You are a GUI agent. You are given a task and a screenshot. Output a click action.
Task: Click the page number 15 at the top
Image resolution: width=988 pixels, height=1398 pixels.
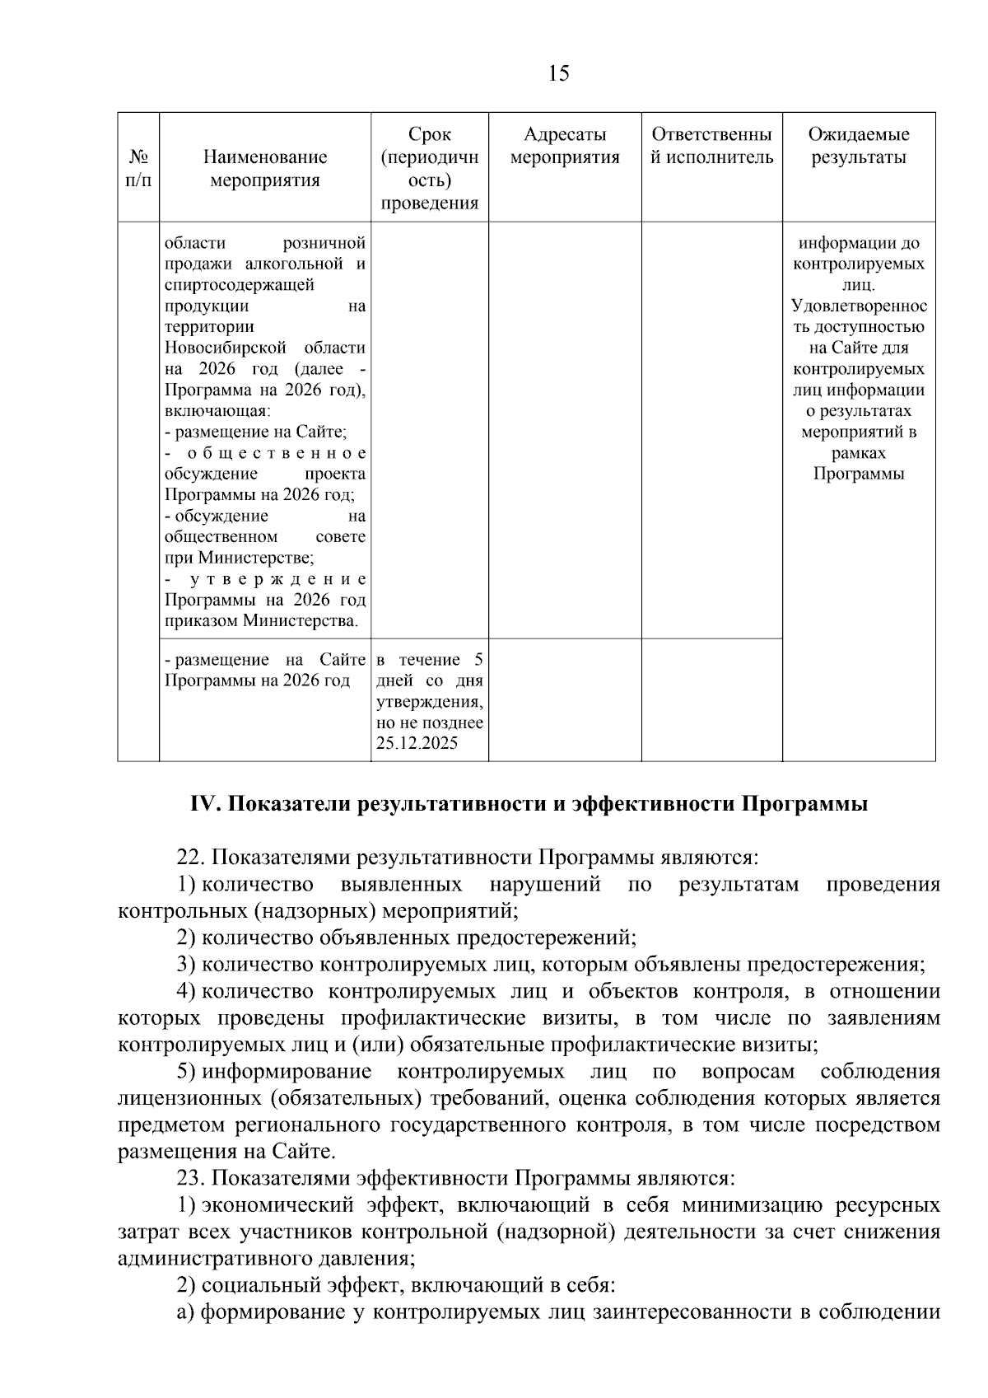pyautogui.click(x=557, y=74)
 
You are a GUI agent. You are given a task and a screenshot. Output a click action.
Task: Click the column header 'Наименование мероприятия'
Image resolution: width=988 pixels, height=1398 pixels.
pyautogui.click(x=264, y=168)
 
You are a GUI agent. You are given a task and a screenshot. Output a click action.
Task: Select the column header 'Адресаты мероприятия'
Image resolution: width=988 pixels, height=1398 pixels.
pyautogui.click(x=565, y=146)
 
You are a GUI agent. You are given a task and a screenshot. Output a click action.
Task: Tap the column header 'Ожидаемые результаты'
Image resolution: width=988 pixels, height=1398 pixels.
pyautogui.click(x=858, y=146)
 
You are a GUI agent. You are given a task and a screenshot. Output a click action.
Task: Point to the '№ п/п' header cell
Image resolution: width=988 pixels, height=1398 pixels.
pyautogui.click(x=138, y=168)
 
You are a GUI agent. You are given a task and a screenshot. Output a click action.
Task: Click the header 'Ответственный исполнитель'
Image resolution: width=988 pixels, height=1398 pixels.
pyautogui.click(x=711, y=146)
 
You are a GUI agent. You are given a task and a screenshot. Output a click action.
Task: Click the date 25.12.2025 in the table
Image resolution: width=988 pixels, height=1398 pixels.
pyautogui.click(x=417, y=744)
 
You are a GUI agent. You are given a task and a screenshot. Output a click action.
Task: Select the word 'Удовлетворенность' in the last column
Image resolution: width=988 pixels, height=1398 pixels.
pyautogui.click(x=858, y=306)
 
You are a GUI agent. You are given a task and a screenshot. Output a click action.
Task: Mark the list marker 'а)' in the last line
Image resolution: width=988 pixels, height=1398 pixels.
pyautogui.click(x=185, y=1312)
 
